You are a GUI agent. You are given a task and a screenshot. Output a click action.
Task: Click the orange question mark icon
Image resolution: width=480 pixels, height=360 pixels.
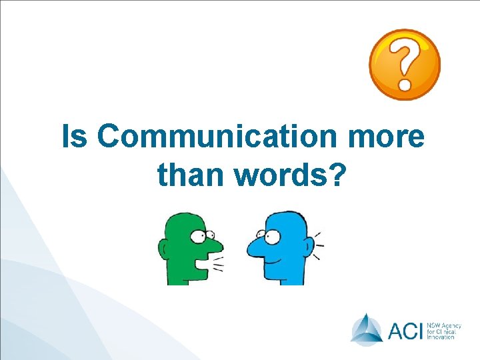tap(405, 65)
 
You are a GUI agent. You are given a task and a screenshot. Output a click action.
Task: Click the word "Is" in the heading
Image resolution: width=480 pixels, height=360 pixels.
tap(75, 137)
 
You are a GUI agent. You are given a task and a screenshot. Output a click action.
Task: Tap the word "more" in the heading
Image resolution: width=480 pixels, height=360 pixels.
tap(395, 137)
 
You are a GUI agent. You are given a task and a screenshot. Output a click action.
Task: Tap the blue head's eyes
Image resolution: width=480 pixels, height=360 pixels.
tap(269, 235)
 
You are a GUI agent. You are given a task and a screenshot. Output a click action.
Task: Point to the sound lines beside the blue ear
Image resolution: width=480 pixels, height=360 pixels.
tap(318, 245)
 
